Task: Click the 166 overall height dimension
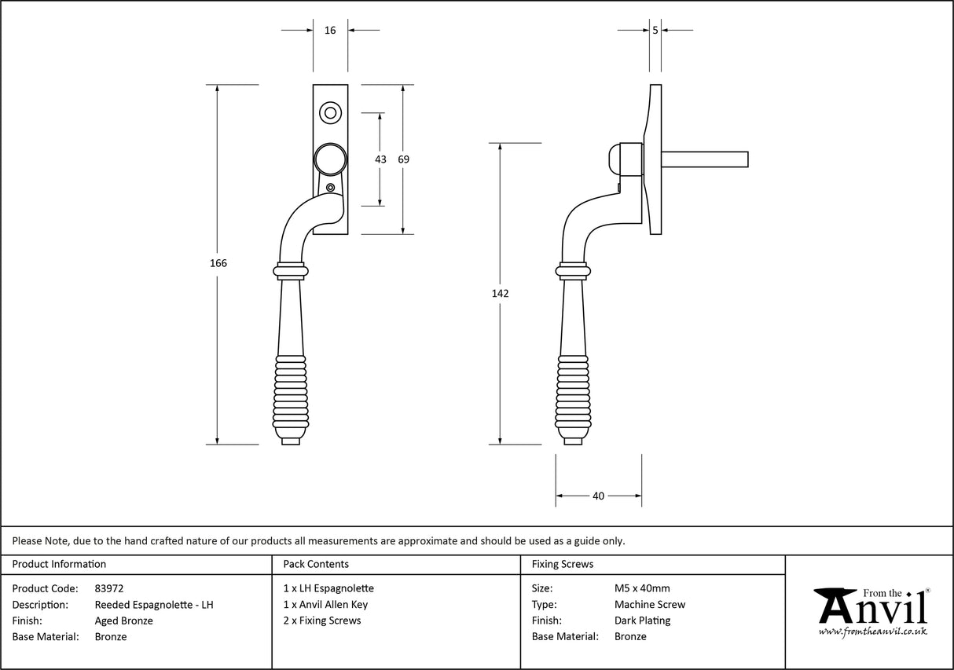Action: pyautogui.click(x=218, y=263)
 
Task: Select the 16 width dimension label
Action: pyautogui.click(x=330, y=31)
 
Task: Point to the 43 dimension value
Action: pyautogui.click(x=380, y=159)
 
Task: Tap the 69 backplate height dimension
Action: pyautogui.click(x=403, y=159)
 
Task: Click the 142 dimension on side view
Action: pyautogui.click(x=500, y=294)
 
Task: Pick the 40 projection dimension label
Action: pyautogui.click(x=598, y=496)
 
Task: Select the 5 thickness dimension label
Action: pyautogui.click(x=655, y=31)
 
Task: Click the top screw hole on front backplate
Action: pyautogui.click(x=330, y=112)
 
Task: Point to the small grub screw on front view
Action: pyautogui.click(x=330, y=188)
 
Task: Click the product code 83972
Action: pyautogui.click(x=109, y=588)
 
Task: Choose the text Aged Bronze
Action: pyautogui.click(x=123, y=621)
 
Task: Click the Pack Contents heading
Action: pyautogui.click(x=316, y=564)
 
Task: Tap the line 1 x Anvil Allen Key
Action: pyautogui.click(x=325, y=605)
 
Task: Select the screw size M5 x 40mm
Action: pyautogui.click(x=642, y=588)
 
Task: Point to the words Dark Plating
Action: pyautogui.click(x=642, y=621)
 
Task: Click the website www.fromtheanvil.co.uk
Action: pyautogui.click(x=872, y=632)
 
